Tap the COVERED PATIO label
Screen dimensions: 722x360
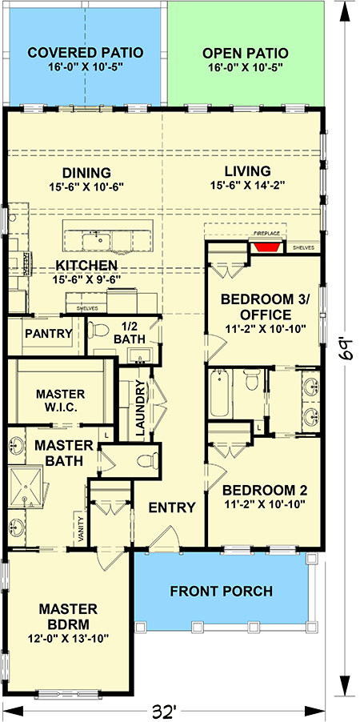86,53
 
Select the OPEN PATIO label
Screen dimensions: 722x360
246,53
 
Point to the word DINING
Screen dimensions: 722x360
86,172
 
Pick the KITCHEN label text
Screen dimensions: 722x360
86,265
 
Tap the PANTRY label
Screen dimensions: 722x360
49,333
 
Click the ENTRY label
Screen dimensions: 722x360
172,507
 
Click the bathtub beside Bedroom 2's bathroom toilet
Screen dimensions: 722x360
221,395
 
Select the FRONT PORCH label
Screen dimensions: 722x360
221,592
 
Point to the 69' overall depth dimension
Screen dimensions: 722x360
346,349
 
